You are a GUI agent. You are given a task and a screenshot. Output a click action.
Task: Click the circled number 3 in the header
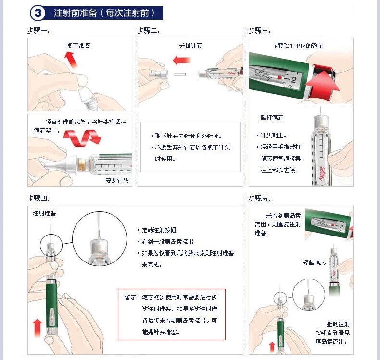38,13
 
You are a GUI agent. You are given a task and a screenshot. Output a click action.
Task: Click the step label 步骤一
38,31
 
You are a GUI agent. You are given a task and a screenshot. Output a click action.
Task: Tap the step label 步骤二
149,31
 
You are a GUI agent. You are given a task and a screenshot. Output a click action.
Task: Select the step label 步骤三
260,31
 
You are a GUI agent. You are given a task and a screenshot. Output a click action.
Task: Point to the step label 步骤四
38,199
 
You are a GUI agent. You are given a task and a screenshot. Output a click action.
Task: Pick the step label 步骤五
260,199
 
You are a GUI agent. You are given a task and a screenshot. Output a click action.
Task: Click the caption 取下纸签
78,46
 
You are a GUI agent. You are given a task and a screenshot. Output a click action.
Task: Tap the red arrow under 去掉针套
182,60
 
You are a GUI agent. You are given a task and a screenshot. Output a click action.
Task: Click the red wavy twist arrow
82,138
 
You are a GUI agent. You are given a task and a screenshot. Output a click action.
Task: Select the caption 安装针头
117,181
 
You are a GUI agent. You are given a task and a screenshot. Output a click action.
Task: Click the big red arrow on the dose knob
322,85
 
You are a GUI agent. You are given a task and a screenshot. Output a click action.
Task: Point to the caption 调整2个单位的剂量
299,46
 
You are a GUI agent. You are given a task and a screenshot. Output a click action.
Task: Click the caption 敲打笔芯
272,118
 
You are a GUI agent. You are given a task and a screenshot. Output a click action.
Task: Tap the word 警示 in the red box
131,298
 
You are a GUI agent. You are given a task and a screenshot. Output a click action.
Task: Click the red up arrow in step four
38,328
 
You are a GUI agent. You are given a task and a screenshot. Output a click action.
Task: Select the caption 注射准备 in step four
44,213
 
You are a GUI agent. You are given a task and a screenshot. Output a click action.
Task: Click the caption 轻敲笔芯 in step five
314,263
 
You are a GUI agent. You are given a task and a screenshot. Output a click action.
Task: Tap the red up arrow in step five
272,347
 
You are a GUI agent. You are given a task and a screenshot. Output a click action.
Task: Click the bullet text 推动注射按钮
159,230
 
